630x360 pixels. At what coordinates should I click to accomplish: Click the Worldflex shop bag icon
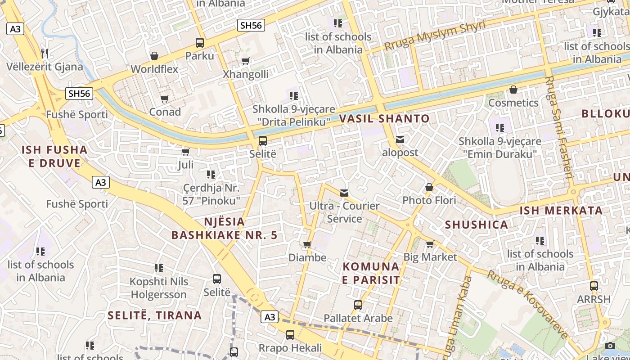click(154, 56)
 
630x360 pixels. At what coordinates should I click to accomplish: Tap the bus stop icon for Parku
click(200, 43)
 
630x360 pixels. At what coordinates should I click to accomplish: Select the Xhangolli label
click(246, 74)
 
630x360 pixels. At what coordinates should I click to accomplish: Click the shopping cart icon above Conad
click(165, 99)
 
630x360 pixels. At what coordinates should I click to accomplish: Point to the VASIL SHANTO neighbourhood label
click(384, 119)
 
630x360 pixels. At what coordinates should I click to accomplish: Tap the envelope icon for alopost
click(400, 139)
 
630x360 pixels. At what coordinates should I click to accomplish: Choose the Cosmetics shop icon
click(513, 90)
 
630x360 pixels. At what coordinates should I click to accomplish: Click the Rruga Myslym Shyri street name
click(435, 35)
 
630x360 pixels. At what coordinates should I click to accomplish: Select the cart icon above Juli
click(185, 152)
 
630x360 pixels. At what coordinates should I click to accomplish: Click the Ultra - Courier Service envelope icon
click(344, 193)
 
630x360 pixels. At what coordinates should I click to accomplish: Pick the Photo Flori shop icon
click(429, 187)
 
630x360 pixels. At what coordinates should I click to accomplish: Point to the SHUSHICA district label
click(476, 225)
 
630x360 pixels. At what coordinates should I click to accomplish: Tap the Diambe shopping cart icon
click(307, 245)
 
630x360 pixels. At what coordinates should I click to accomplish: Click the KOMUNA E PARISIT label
click(371, 273)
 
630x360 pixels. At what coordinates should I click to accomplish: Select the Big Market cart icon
click(430, 244)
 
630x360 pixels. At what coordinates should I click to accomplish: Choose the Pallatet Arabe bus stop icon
click(358, 305)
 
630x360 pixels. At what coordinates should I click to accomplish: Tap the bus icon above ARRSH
click(594, 286)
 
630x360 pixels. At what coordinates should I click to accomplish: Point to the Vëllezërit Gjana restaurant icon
click(44, 53)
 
